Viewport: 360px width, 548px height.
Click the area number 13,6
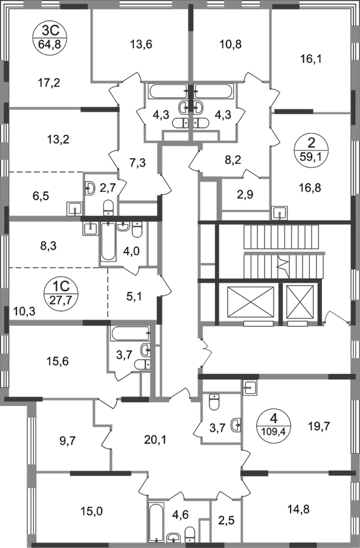tap(141, 44)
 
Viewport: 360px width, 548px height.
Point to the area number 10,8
tap(231, 44)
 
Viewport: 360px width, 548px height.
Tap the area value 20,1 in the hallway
tap(155, 440)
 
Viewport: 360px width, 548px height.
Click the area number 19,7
tap(318, 426)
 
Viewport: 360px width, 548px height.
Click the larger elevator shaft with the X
tap(251, 301)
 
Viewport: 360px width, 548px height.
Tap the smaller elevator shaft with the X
tap(300, 301)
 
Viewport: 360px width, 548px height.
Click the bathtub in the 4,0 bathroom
tap(108, 241)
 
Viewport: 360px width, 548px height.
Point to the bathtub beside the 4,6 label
tap(156, 521)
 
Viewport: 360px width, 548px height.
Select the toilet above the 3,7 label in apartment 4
tap(214, 401)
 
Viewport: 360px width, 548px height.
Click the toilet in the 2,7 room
tap(108, 208)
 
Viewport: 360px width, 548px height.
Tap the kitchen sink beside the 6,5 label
tap(74, 210)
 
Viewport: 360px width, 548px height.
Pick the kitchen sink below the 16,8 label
tap(280, 213)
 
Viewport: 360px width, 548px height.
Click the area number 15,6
tap(57, 361)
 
